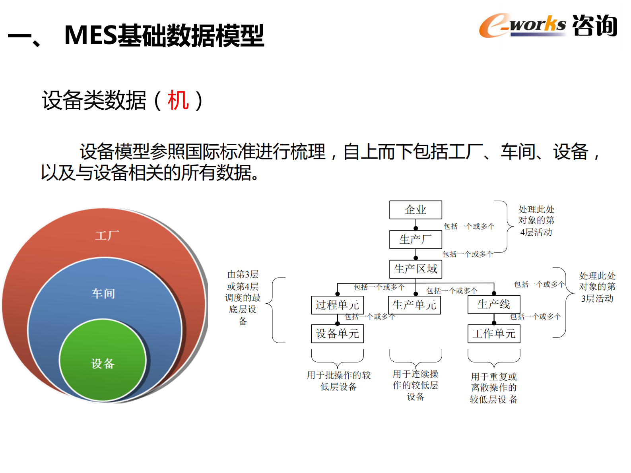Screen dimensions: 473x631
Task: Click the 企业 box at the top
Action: click(x=415, y=210)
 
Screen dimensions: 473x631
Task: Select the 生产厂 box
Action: click(x=415, y=240)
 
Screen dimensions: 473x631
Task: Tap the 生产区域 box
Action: click(x=415, y=269)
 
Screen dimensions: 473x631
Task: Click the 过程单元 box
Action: click(x=337, y=305)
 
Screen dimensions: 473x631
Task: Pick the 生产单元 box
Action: click(x=414, y=305)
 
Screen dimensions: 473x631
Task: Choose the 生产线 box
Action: click(x=494, y=304)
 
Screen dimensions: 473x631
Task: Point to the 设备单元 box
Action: click(x=337, y=334)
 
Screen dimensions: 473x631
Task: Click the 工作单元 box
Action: click(x=494, y=334)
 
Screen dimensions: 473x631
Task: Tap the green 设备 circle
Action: click(x=103, y=363)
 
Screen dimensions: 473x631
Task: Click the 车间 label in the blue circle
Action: click(x=103, y=294)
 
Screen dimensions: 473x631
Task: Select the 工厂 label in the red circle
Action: click(x=107, y=236)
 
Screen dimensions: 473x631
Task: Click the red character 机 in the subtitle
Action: click(x=178, y=100)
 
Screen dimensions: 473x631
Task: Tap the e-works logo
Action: click(x=522, y=25)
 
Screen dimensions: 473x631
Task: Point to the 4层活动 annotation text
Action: click(x=536, y=232)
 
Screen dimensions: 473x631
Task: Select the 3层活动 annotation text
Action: click(x=597, y=299)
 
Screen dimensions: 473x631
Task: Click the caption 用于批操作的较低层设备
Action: click(x=338, y=381)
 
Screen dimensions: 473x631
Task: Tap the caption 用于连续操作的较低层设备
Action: click(x=415, y=385)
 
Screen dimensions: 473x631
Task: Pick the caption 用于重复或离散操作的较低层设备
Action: click(x=494, y=388)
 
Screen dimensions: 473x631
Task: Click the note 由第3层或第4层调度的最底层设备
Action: click(x=243, y=298)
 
